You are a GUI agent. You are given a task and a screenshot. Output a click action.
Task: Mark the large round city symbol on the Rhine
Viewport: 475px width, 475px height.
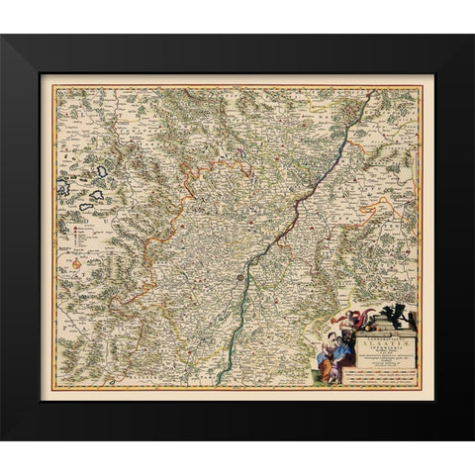click(x=239, y=281)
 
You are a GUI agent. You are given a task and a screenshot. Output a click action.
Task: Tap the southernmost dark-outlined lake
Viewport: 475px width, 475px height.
click(x=88, y=207)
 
